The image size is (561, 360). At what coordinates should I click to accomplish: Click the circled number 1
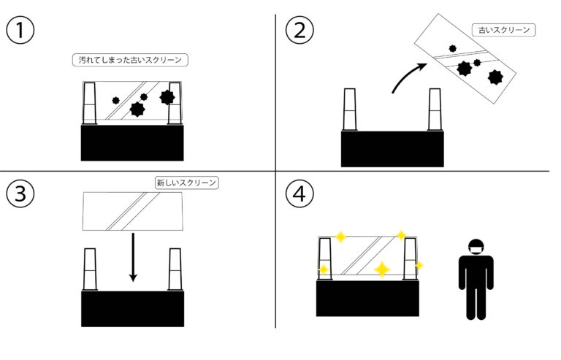[x=19, y=31]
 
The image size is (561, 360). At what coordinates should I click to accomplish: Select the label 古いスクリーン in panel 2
[x=504, y=31]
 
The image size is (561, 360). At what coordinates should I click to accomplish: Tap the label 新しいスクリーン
[x=187, y=183]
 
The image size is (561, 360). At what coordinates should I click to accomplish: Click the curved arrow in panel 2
[x=407, y=78]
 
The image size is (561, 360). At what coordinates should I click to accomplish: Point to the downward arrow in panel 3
[x=133, y=256]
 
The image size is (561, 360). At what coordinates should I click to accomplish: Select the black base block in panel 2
[x=392, y=148]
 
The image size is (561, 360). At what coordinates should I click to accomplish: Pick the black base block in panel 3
[x=132, y=307]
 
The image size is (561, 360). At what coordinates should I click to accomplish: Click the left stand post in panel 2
[x=350, y=110]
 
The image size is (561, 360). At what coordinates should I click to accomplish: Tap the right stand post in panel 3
[x=175, y=269]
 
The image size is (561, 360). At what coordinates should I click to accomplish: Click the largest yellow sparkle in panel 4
[x=381, y=269]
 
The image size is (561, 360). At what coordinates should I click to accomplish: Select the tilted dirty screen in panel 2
[x=466, y=58]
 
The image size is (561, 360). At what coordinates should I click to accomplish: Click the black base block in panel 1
[x=132, y=142]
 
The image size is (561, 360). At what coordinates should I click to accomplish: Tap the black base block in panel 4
[x=367, y=298]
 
